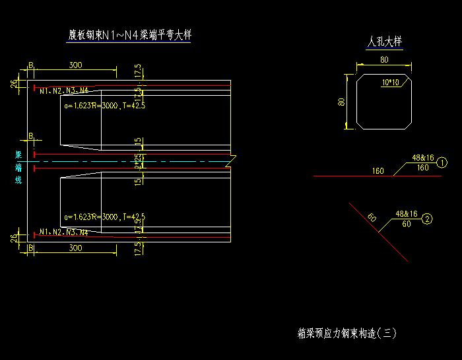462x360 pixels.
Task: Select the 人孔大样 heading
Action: [384, 42]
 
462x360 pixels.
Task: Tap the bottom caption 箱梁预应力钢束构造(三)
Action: [347, 334]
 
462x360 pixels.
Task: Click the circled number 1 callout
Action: [443, 162]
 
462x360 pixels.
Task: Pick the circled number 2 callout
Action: [428, 219]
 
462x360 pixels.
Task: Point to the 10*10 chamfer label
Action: [391, 83]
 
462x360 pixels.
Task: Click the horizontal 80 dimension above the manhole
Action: [384, 60]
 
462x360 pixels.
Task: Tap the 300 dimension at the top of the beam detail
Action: [75, 65]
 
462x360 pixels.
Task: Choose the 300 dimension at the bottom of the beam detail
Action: [75, 248]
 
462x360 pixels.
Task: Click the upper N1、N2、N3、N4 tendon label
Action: [63, 90]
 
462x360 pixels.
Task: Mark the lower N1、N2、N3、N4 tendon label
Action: [63, 232]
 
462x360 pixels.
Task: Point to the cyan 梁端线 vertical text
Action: [18, 166]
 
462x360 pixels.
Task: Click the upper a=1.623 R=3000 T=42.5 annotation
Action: [104, 105]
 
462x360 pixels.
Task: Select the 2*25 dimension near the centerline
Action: [138, 161]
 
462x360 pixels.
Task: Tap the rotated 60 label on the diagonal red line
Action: [372, 217]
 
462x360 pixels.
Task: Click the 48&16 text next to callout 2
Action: [406, 214]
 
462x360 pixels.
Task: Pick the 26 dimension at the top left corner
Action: [14, 83]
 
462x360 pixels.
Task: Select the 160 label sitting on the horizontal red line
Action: [378, 171]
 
